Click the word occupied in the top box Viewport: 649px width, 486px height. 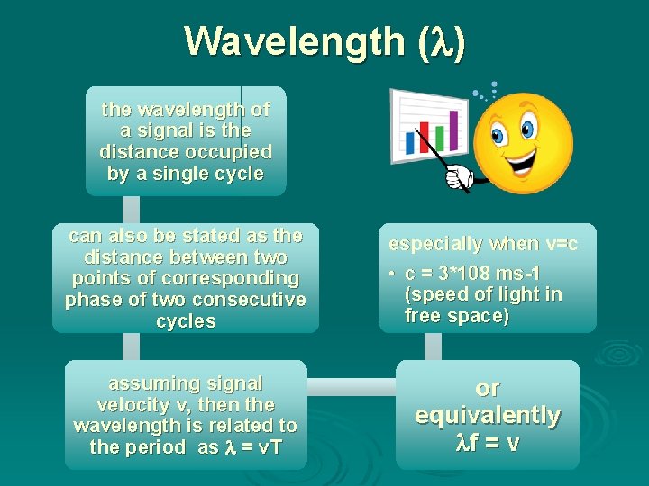(230, 152)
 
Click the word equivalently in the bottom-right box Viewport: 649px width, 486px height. (487, 415)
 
